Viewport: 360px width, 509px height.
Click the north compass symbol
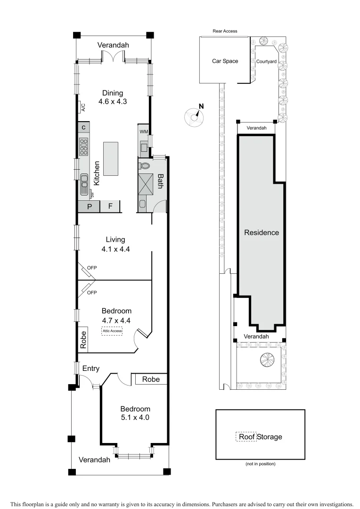click(195, 117)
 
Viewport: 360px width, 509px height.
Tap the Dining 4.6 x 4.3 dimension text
click(113, 101)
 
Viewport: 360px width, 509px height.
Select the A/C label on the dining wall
click(83, 107)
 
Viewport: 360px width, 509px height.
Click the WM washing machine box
click(143, 131)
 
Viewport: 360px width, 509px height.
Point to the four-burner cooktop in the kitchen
click(84, 147)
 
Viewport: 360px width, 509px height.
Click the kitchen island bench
click(111, 158)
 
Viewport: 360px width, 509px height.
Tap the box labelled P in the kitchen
click(89, 206)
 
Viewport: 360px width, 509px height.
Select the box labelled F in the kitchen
click(110, 206)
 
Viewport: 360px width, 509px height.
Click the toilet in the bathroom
click(144, 165)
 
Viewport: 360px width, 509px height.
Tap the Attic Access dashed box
click(112, 331)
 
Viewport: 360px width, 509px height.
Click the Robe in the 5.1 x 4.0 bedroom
click(151, 379)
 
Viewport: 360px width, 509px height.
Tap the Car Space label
click(225, 61)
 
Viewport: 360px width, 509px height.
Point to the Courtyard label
click(266, 61)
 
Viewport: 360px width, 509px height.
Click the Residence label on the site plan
click(261, 232)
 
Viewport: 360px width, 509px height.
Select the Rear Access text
click(225, 31)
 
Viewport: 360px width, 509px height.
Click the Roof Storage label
click(260, 437)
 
